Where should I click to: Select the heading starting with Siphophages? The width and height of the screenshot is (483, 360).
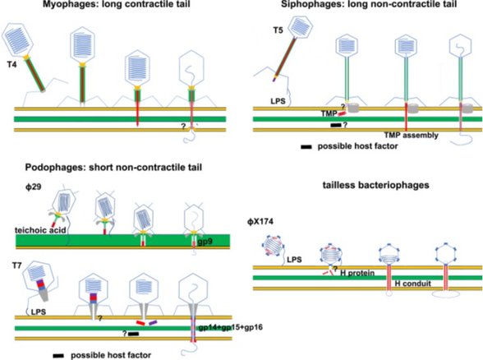click(x=364, y=7)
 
